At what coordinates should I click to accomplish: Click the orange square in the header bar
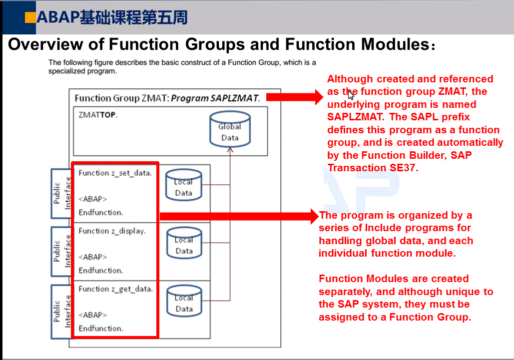pyautogui.click(x=30, y=17)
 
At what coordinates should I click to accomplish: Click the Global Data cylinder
pyautogui.click(x=229, y=129)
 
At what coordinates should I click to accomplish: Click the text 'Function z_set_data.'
pyautogui.click(x=115, y=173)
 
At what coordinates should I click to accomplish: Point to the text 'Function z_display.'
pyautogui.click(x=112, y=231)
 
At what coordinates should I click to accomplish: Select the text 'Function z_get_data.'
pyautogui.click(x=115, y=289)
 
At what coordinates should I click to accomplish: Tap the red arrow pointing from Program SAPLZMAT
pyautogui.click(x=295, y=97)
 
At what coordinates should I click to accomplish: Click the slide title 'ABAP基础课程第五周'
pyautogui.click(x=112, y=18)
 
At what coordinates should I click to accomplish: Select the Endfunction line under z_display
pyautogui.click(x=100, y=271)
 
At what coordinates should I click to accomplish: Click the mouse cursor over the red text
pyautogui.click(x=351, y=94)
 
